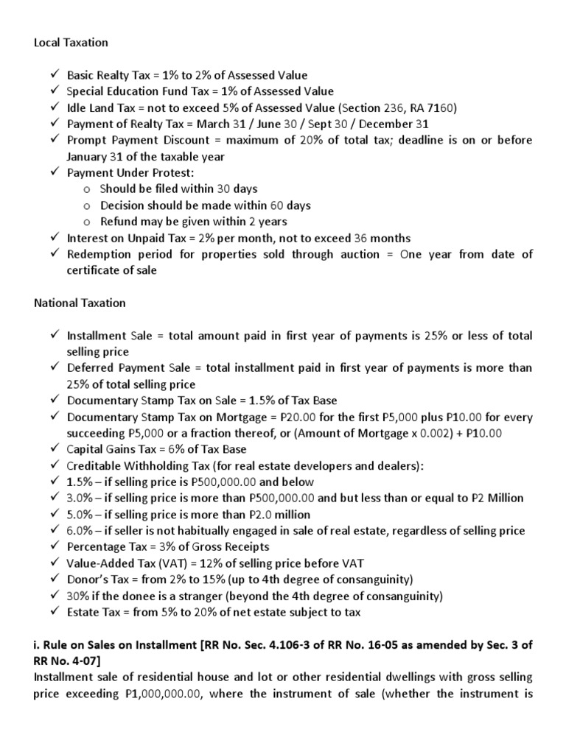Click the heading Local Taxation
(x=71, y=43)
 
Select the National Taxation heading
(x=80, y=303)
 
